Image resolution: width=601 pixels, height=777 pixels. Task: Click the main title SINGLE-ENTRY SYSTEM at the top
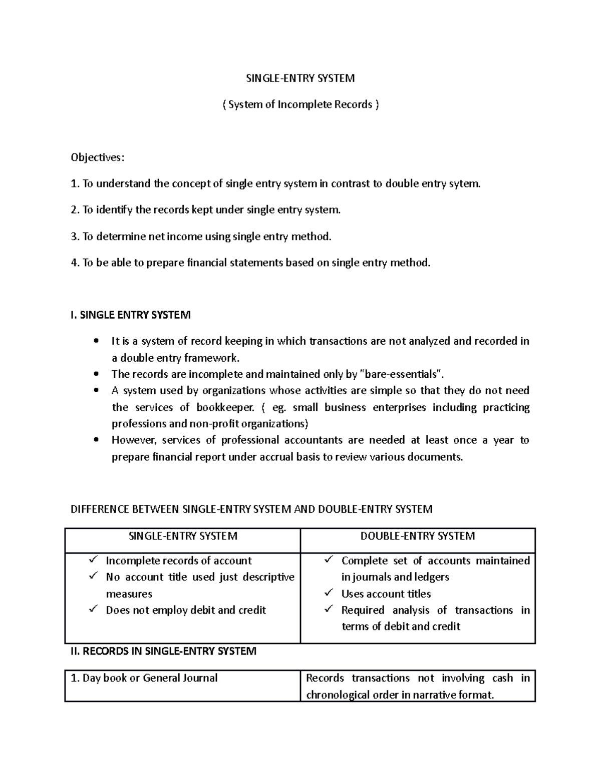300,78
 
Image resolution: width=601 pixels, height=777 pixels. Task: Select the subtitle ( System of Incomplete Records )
300,105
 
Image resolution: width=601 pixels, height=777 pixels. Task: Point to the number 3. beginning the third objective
75,236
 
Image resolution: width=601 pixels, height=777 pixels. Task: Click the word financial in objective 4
206,263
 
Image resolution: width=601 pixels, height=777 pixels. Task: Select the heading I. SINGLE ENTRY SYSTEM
131,315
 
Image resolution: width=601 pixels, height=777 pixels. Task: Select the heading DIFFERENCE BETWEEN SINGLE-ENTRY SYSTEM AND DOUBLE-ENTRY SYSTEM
251,509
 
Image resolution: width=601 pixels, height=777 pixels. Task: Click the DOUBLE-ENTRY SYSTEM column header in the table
418,536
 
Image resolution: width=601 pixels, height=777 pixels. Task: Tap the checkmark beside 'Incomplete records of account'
93,560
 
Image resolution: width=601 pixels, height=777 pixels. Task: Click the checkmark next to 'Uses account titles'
329,593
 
